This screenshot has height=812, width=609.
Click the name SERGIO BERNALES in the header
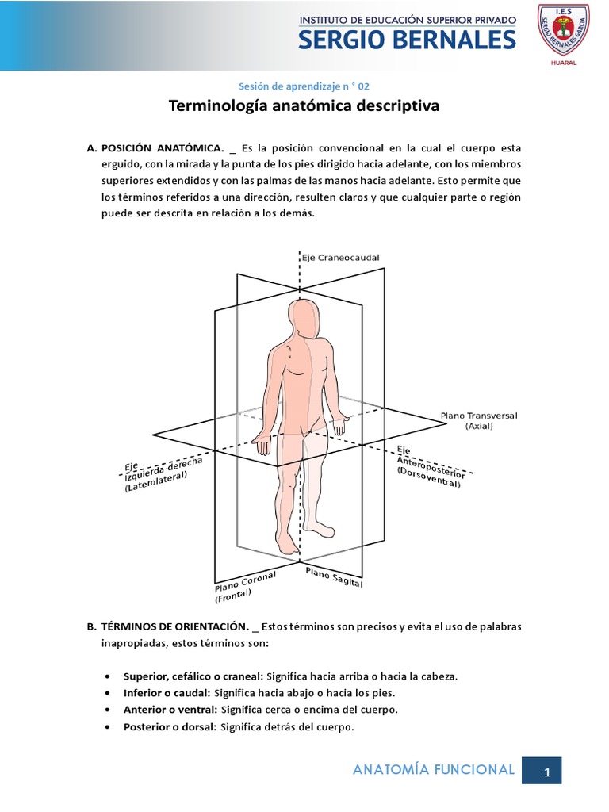[x=408, y=40]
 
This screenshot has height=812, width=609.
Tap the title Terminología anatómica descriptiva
[x=304, y=105]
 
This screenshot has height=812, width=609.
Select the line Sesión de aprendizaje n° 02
[x=304, y=85]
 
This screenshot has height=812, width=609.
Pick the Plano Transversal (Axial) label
[x=479, y=420]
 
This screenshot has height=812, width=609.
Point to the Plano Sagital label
[x=334, y=577]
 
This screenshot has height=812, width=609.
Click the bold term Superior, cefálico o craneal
[x=193, y=676]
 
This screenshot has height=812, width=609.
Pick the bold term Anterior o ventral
[x=170, y=710]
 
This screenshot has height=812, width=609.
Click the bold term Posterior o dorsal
[x=170, y=726]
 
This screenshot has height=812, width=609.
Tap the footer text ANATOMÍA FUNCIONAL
[x=433, y=769]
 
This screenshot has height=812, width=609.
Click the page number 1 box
[x=546, y=771]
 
